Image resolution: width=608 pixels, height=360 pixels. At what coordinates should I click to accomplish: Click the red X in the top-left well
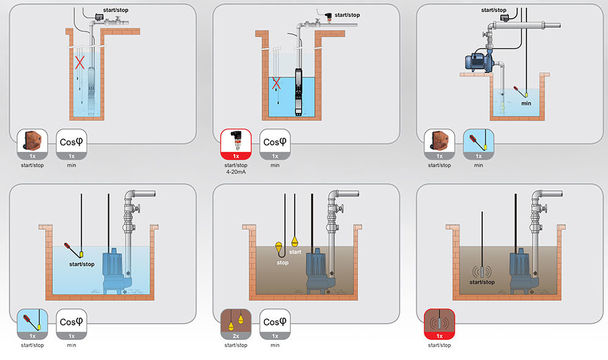coord(79,62)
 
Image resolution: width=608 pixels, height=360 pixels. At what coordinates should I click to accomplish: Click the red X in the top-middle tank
coord(277,83)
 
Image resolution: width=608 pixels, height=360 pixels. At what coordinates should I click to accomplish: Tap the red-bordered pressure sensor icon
coord(237,144)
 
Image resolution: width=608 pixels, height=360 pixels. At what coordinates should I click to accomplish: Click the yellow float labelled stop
coord(279,247)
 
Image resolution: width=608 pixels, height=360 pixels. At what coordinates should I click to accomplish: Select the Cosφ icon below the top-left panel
coord(72,144)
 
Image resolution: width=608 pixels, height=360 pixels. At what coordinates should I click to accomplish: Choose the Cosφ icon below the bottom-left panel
coord(72,323)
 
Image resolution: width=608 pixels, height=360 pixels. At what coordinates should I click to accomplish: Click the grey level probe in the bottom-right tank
coord(482,271)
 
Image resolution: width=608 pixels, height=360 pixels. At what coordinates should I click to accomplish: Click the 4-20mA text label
coord(237,171)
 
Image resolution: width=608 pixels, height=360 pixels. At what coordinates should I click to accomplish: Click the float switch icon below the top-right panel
coord(478,144)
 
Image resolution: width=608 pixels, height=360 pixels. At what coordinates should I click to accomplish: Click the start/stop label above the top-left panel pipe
coord(116,10)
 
